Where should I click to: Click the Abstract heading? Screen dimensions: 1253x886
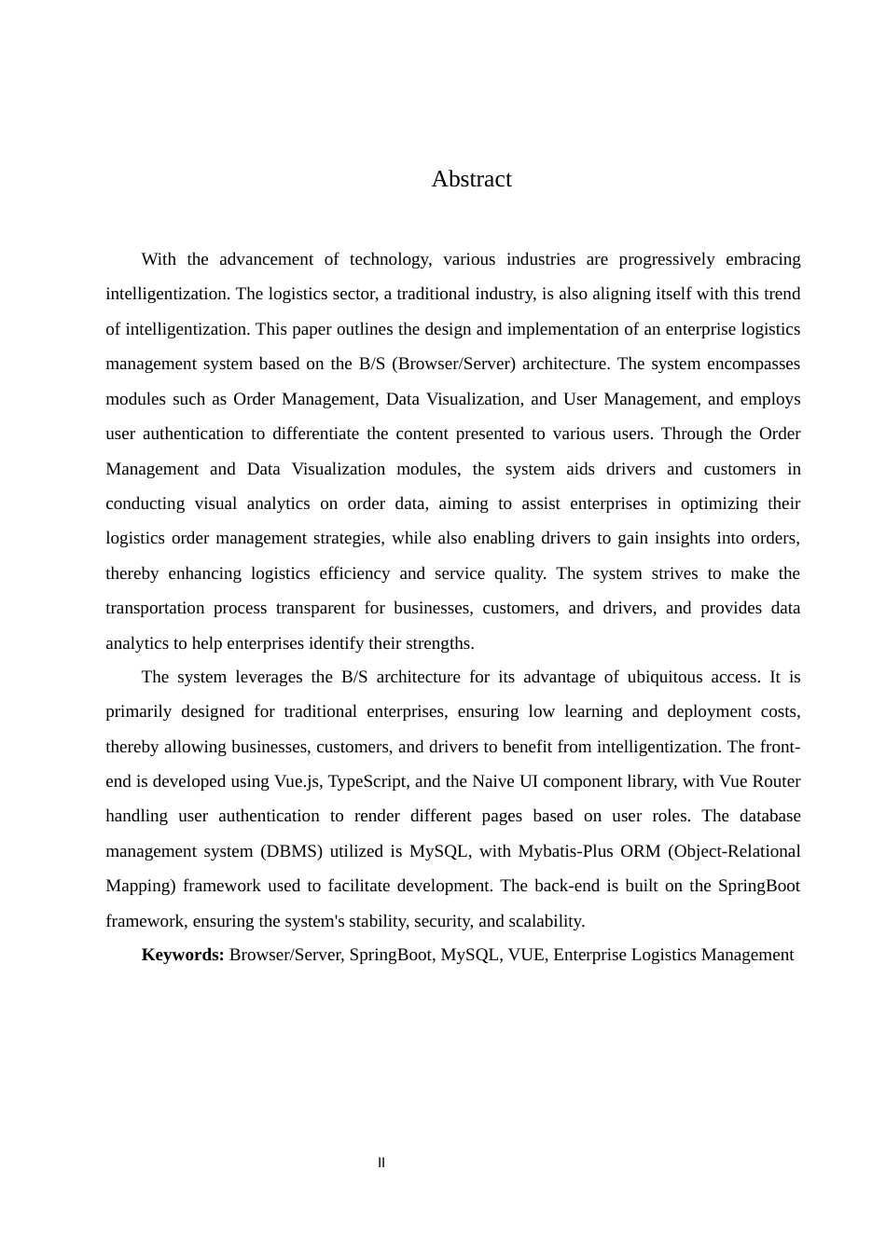[471, 179]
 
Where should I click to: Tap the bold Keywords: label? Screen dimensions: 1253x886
[183, 955]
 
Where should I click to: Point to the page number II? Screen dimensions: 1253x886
[381, 1163]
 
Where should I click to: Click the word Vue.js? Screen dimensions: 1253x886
[298, 781]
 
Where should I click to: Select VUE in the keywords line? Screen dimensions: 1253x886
[526, 955]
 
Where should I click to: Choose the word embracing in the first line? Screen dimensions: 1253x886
[763, 259]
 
